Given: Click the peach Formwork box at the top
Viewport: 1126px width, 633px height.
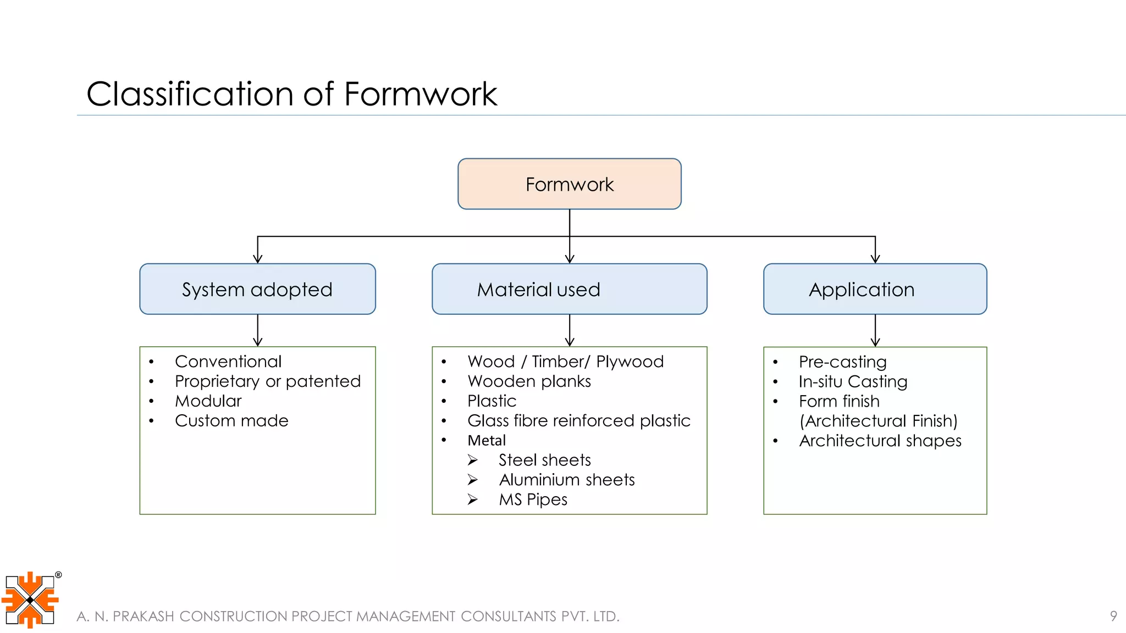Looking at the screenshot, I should click(x=569, y=184).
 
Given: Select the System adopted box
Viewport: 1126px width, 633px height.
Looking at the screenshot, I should click(x=257, y=289).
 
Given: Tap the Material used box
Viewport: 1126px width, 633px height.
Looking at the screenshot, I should click(x=569, y=289).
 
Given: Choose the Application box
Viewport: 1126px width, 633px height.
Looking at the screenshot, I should click(x=875, y=289).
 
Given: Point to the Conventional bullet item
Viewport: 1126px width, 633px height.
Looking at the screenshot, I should click(x=228, y=362).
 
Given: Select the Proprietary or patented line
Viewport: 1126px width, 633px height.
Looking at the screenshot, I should click(x=268, y=381).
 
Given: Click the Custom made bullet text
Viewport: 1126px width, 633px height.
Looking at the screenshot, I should click(x=231, y=421).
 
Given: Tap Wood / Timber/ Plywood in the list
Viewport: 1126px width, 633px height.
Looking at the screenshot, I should click(x=565, y=362).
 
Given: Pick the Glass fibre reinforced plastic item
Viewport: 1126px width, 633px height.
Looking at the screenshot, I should click(x=578, y=421).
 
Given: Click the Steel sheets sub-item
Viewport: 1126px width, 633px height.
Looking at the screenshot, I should click(x=544, y=460).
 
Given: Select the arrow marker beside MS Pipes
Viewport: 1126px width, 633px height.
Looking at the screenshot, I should click(x=473, y=499).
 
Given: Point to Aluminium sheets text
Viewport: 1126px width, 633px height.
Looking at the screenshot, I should click(x=566, y=480).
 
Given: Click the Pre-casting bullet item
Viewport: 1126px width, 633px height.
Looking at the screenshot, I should click(x=842, y=362).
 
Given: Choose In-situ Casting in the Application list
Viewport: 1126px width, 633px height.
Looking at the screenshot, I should click(x=853, y=382).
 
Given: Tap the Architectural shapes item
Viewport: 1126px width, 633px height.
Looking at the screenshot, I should click(x=880, y=441).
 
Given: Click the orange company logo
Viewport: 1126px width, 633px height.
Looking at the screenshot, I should click(x=30, y=599).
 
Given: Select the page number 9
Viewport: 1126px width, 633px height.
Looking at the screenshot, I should click(x=1113, y=616).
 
